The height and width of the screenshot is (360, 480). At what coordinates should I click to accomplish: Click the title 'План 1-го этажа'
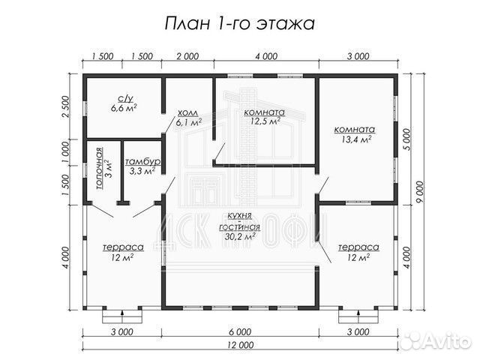tap(240, 22)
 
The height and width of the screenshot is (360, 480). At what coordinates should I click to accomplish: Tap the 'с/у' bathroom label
tap(124, 97)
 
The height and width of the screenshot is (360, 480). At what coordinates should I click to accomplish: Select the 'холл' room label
tap(189, 112)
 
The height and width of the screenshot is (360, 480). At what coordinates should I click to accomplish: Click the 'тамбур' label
tap(141, 161)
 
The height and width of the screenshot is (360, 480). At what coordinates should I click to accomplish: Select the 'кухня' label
tap(240, 215)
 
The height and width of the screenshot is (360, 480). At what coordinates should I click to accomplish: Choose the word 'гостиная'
tap(240, 226)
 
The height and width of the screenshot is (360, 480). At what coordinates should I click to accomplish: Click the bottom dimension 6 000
tap(240, 331)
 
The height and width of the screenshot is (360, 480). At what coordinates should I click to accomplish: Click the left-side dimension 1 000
tap(66, 154)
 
